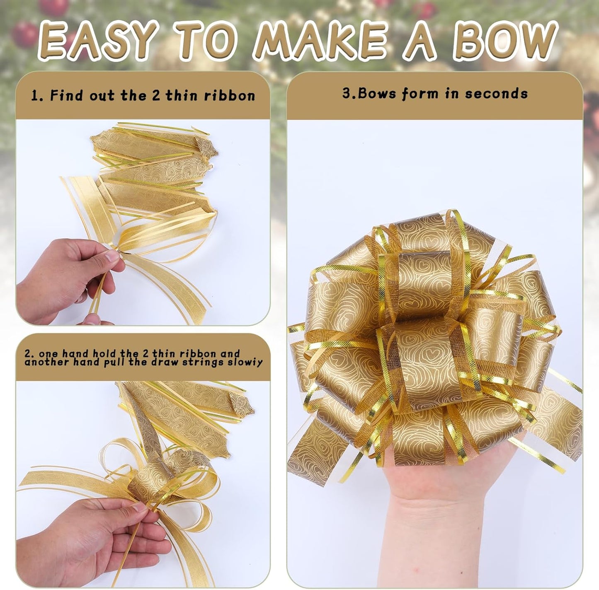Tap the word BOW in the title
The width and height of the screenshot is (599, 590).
pos(504,41)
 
